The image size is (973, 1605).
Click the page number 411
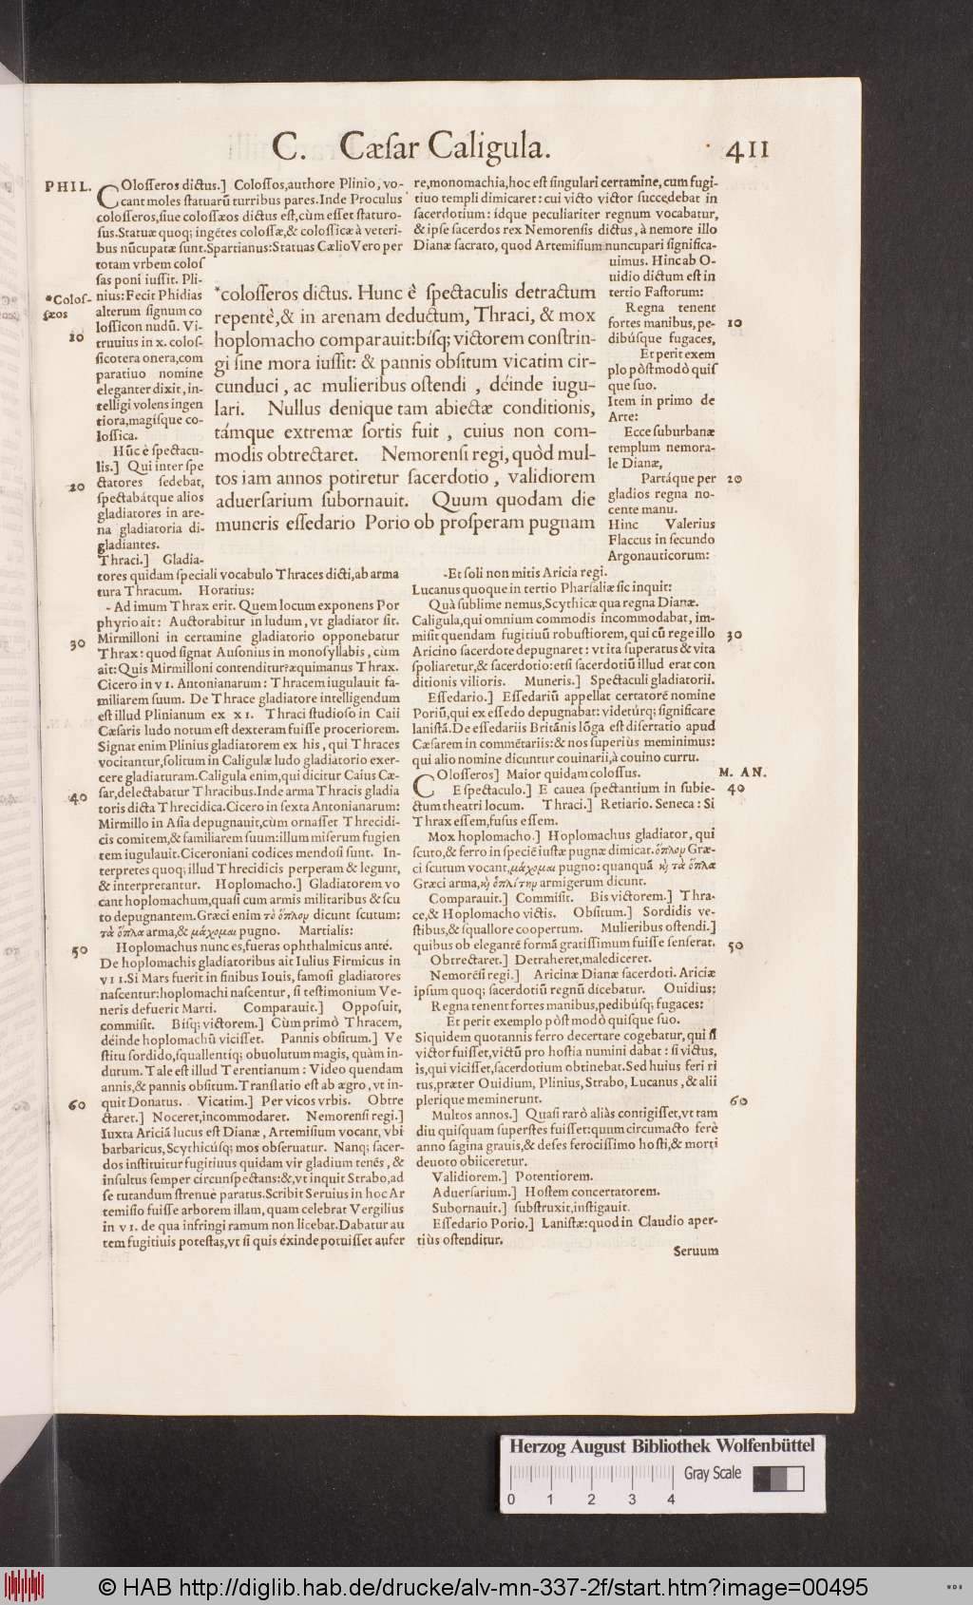point(746,150)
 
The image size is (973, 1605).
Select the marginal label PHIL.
point(67,185)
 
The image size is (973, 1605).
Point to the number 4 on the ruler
point(671,1500)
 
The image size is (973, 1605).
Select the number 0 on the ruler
point(511,1500)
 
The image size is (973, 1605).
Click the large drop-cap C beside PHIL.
point(108,194)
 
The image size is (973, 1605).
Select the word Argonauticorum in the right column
point(657,555)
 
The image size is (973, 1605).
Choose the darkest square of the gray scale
point(762,1479)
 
